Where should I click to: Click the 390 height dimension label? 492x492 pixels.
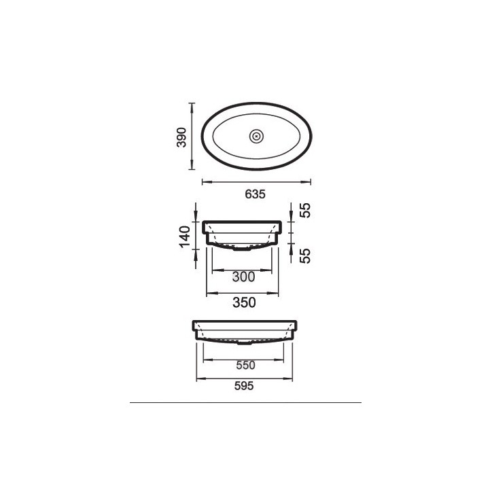point(181,137)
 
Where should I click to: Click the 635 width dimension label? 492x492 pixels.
point(255,194)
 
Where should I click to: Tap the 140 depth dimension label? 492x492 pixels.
point(185,236)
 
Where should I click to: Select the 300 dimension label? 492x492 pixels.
point(243,277)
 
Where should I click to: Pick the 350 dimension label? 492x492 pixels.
point(244,302)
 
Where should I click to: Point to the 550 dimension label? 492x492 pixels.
point(245,365)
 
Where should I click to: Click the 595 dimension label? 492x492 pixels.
point(244,386)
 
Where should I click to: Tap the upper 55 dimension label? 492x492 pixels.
point(305,210)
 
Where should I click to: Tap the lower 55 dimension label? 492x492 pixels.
point(305,256)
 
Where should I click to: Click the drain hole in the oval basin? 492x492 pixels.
point(257,136)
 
